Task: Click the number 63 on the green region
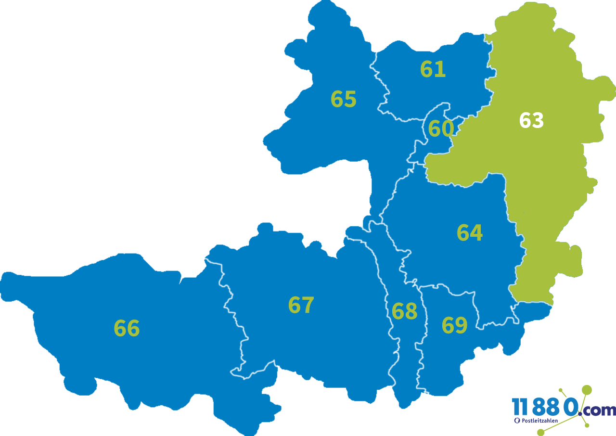tap(531, 121)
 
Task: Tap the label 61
tap(433, 69)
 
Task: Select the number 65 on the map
tap(343, 99)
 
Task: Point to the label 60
tap(441, 129)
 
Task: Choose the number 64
tap(469, 233)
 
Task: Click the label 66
tap(127, 329)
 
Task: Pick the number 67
tap(301, 305)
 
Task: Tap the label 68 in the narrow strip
tap(404, 311)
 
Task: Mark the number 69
tap(454, 325)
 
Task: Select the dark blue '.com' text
tap(598, 410)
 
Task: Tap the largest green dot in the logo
tap(587, 389)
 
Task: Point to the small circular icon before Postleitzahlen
tap(517, 421)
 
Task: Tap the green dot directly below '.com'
tap(587, 425)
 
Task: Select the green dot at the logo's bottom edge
tap(540, 433)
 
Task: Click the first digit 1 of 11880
tap(516, 407)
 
